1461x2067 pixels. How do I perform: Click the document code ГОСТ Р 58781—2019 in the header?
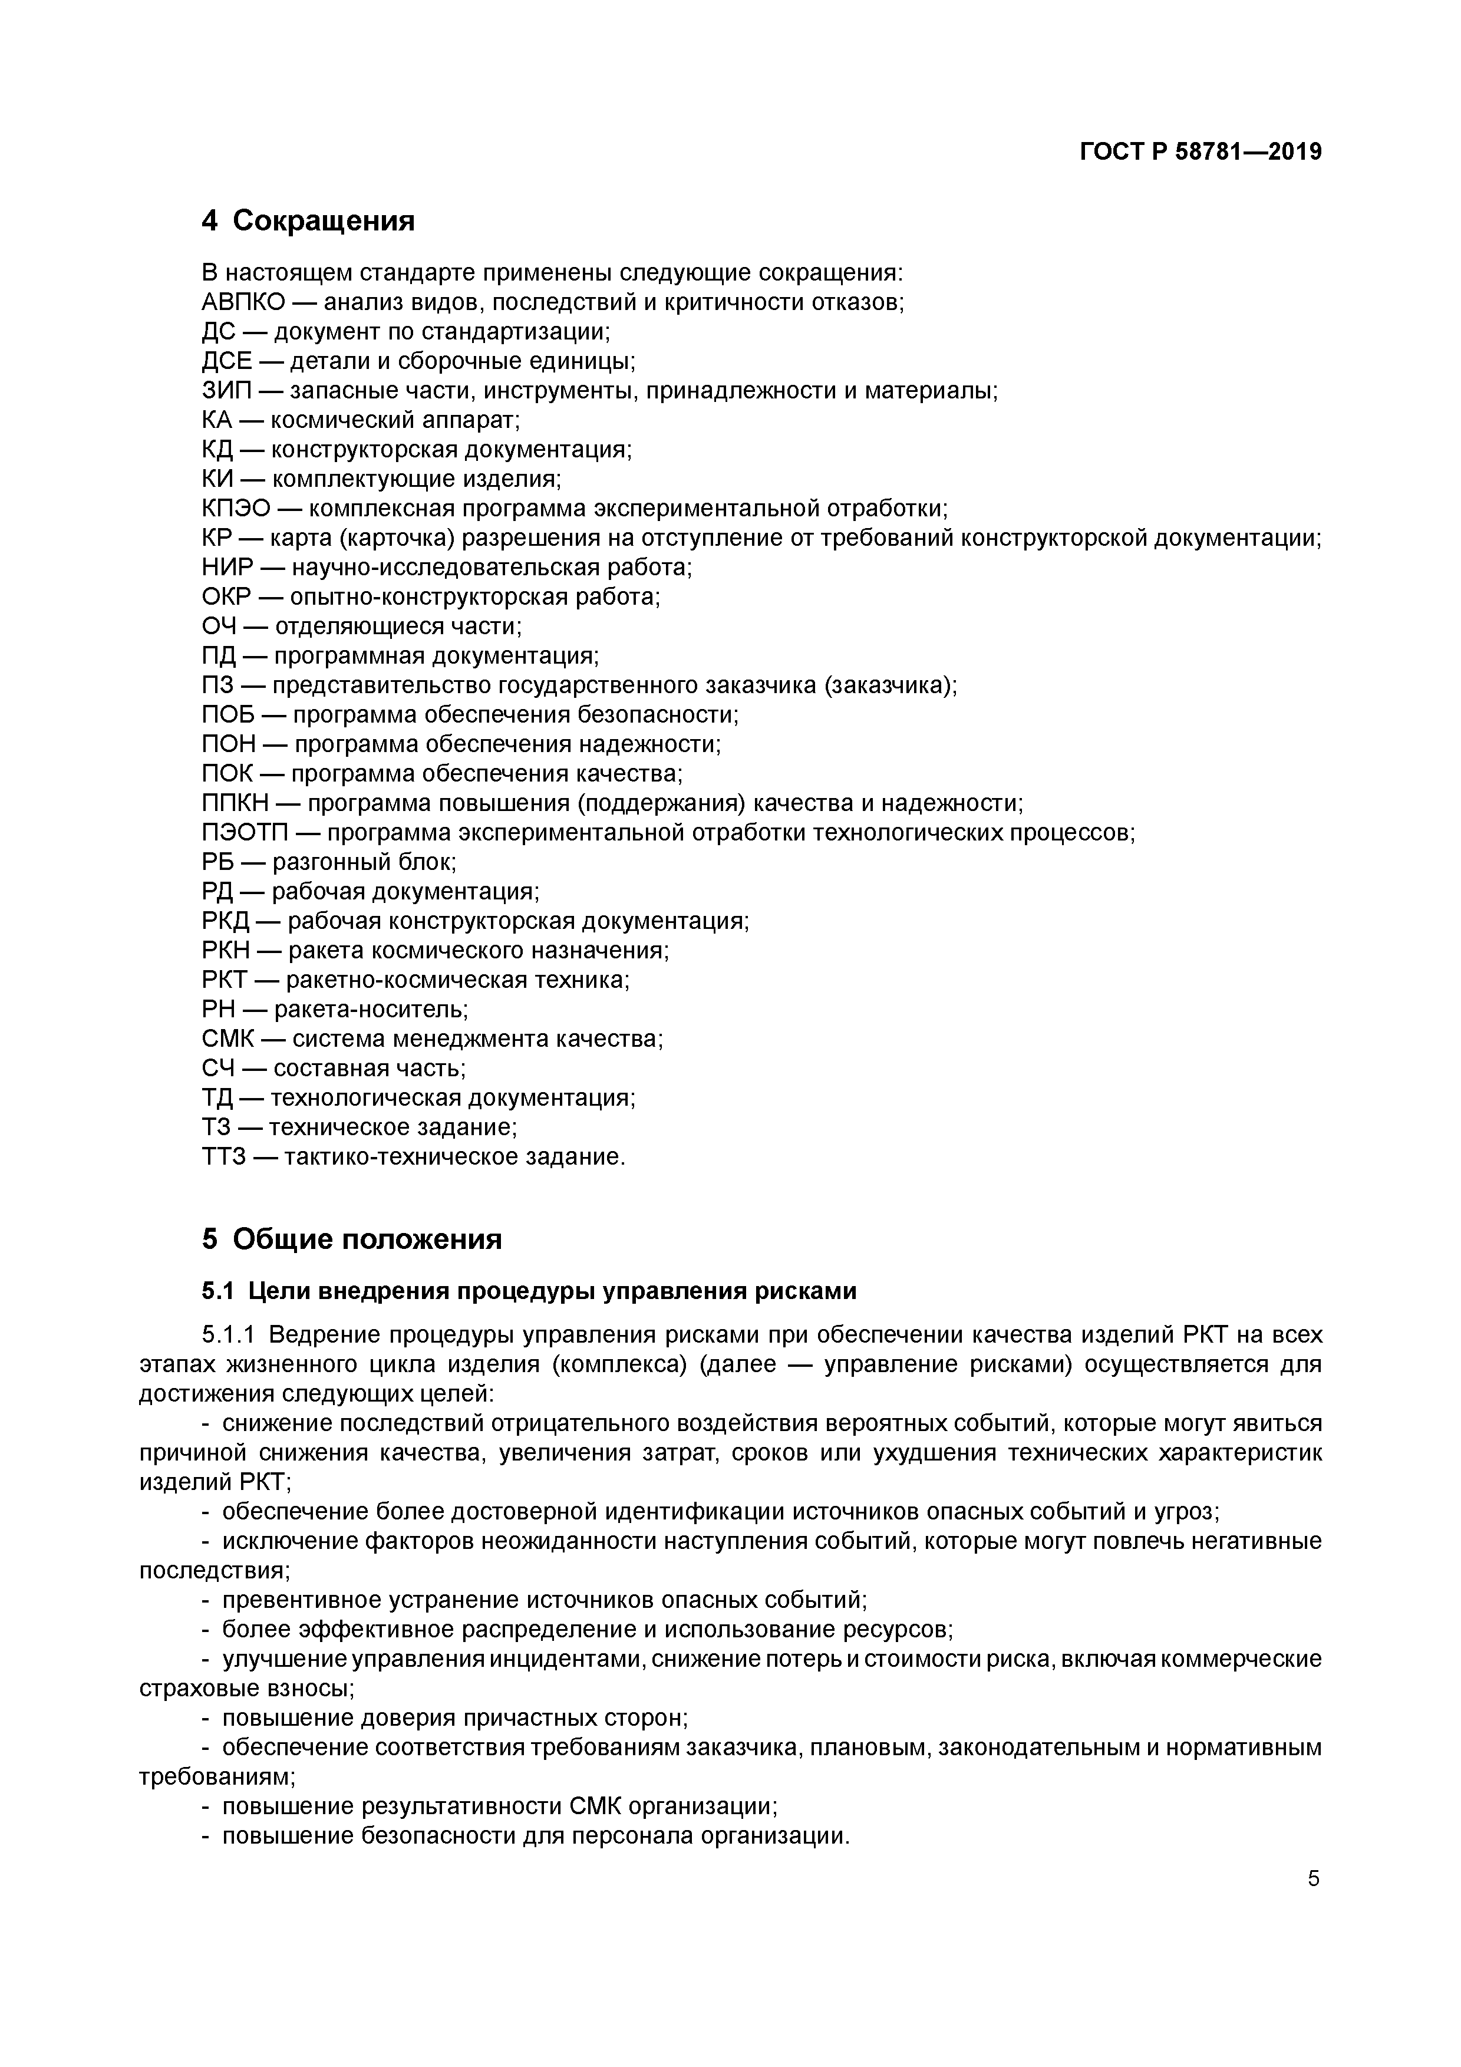pyautogui.click(x=1200, y=152)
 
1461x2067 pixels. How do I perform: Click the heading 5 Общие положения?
pyautogui.click(x=352, y=1239)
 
